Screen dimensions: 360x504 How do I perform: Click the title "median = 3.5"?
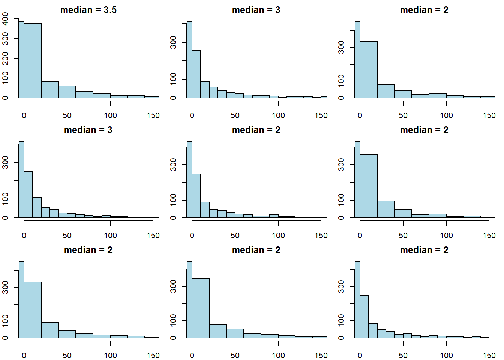(88, 10)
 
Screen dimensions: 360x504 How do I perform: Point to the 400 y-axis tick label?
(5, 18)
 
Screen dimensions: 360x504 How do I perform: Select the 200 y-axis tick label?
(5, 58)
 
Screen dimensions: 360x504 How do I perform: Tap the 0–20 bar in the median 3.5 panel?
(33, 60)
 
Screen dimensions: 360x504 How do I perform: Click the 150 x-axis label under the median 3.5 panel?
(153, 115)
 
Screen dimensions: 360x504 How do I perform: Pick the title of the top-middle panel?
(256, 10)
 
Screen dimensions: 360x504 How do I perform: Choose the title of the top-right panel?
(424, 10)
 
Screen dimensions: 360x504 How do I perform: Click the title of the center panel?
(256, 130)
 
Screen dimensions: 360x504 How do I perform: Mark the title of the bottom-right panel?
(424, 250)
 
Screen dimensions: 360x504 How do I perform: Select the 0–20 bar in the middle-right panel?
(369, 186)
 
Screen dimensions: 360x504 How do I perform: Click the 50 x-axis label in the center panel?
(235, 235)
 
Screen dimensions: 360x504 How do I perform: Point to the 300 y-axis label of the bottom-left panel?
(5, 287)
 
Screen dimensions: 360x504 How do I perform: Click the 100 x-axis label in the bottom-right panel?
(446, 355)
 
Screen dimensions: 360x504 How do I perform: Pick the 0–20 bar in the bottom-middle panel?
(201, 307)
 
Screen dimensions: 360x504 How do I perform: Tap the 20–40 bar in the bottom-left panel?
(50, 330)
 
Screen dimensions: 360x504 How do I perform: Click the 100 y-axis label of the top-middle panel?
(173, 79)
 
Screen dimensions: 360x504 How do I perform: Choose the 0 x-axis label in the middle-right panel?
(360, 235)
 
